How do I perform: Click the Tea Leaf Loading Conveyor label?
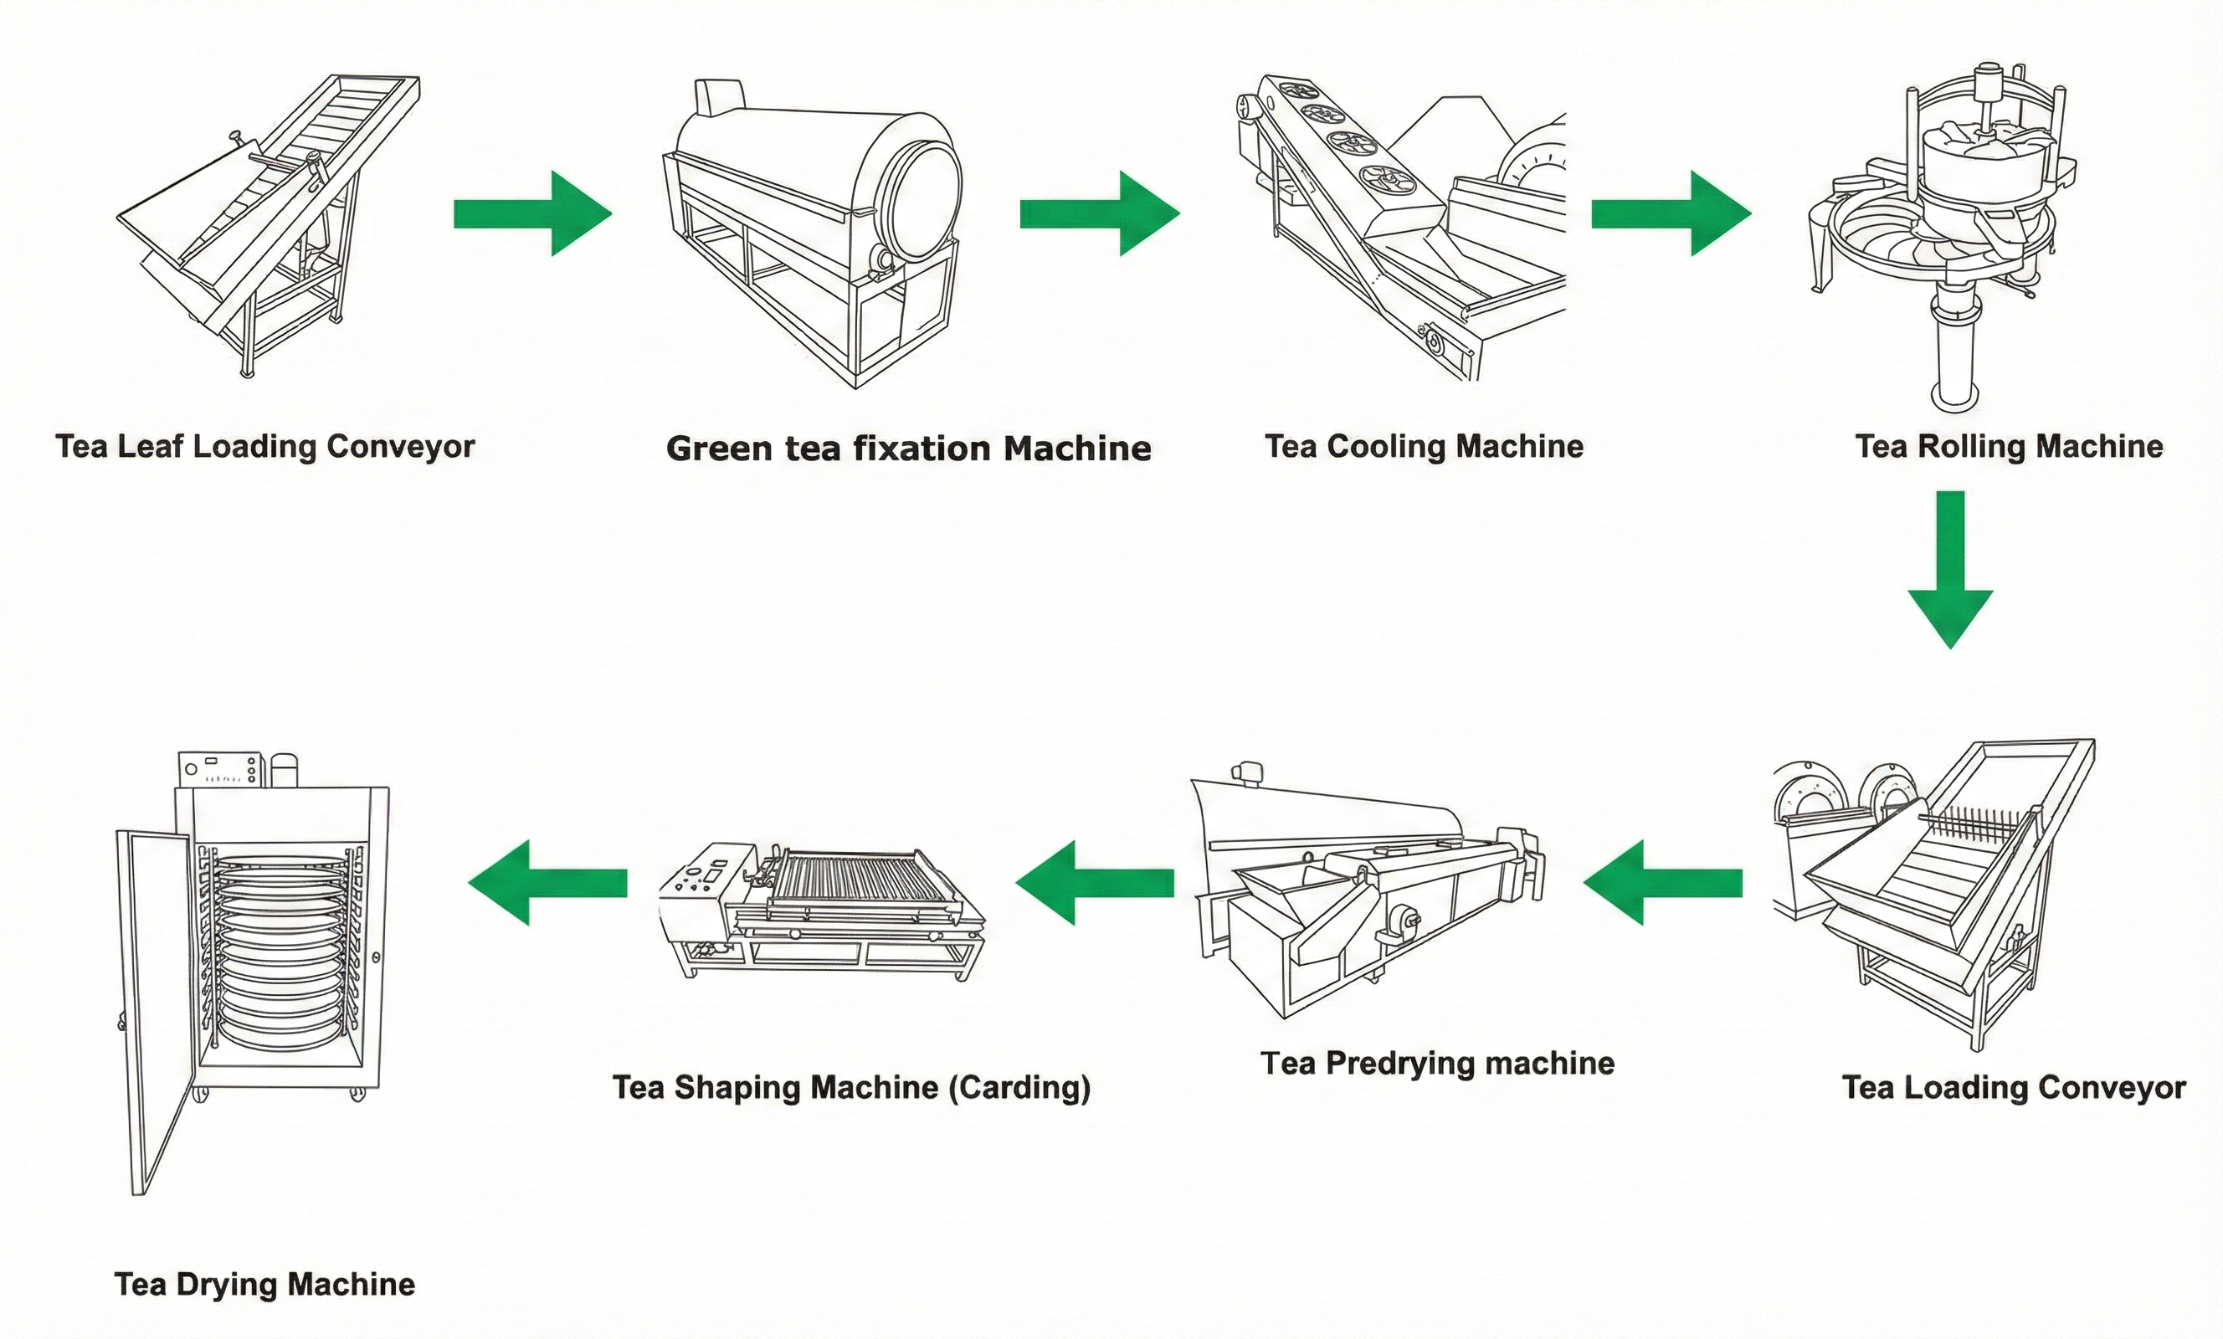click(264, 447)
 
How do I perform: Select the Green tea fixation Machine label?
click(907, 449)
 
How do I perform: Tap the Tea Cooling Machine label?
click(1424, 447)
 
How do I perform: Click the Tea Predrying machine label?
click(1437, 1063)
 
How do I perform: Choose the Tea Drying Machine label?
click(264, 1284)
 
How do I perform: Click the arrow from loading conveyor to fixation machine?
click(532, 214)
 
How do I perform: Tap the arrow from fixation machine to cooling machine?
click(1100, 214)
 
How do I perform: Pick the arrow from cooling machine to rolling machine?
click(1671, 214)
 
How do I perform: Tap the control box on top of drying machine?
click(221, 770)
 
